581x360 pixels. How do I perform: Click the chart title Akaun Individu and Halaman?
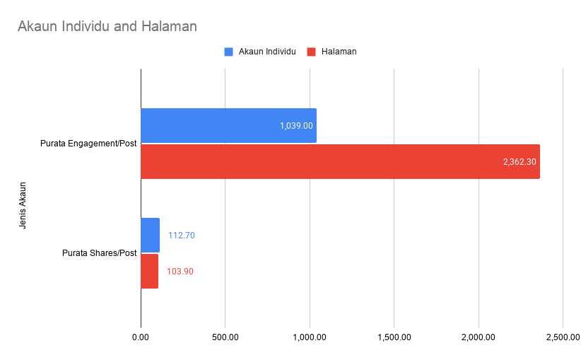(x=107, y=27)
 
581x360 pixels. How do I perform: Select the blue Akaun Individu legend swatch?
(x=228, y=52)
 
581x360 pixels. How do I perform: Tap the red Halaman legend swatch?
(x=311, y=52)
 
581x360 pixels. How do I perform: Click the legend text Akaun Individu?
(x=267, y=52)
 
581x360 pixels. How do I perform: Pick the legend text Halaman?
(x=339, y=52)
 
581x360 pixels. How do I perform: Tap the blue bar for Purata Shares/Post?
(x=150, y=235)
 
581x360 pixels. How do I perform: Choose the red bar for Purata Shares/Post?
(x=149, y=271)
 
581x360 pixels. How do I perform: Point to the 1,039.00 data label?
(x=296, y=126)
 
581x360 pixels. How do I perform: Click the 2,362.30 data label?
(x=520, y=162)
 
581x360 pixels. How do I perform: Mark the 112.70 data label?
(x=181, y=236)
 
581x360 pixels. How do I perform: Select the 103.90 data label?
(x=180, y=272)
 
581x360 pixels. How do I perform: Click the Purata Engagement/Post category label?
(x=88, y=144)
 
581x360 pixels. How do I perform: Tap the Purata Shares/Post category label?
(x=99, y=253)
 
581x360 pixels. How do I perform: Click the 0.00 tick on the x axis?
(x=141, y=337)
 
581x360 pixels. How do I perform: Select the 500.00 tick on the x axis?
(x=225, y=337)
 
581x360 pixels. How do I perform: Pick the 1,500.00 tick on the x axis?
(x=394, y=337)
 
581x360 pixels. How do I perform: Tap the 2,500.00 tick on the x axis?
(x=563, y=337)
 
